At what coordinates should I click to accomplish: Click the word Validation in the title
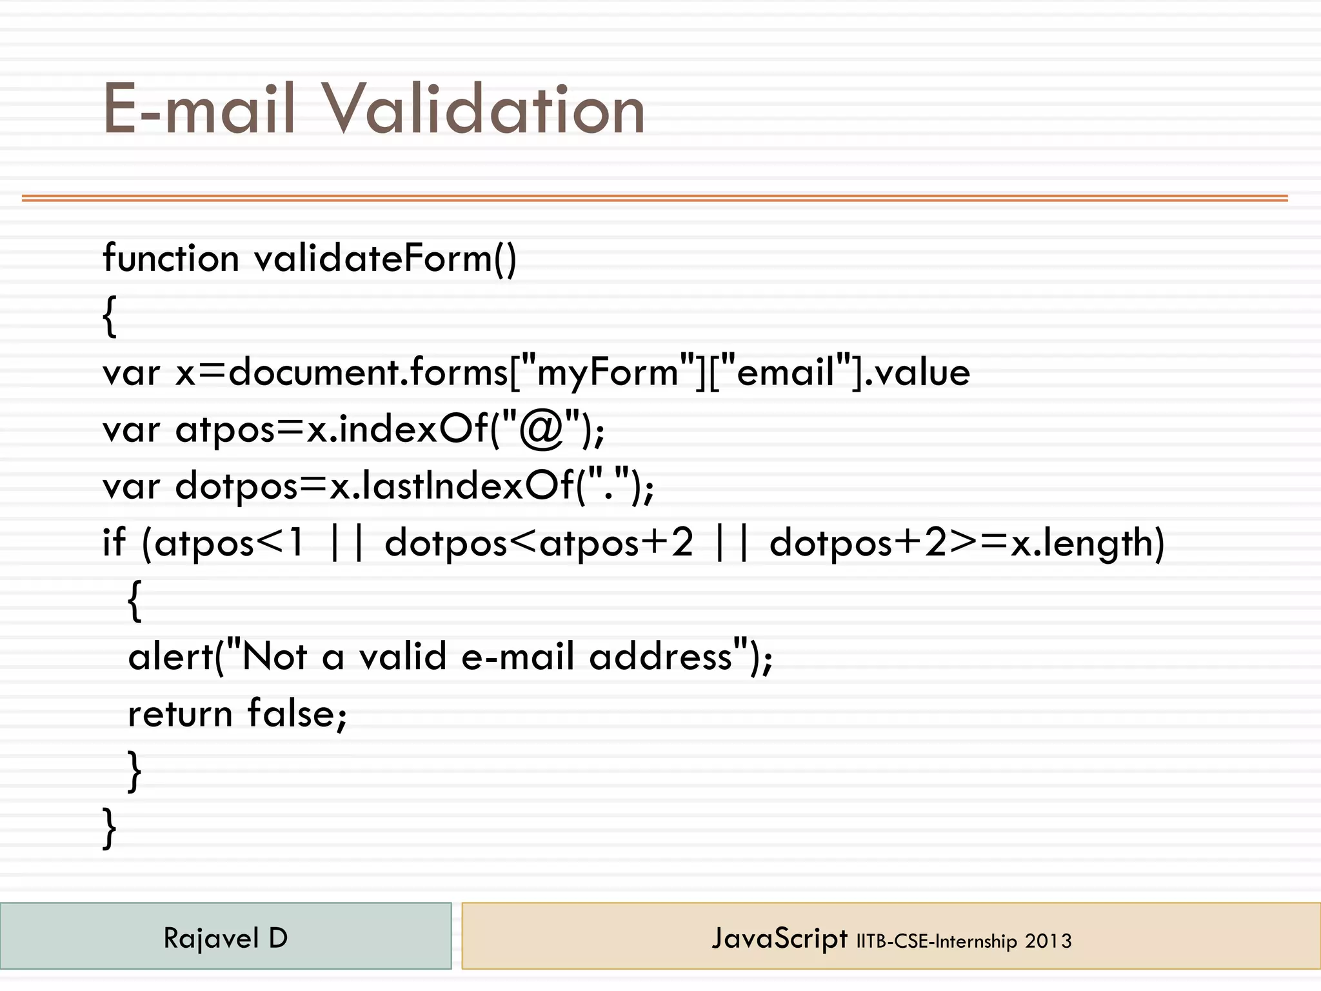(x=484, y=110)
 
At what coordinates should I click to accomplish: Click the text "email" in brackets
(x=786, y=373)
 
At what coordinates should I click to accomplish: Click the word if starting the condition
(x=114, y=542)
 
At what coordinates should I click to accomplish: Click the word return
(x=180, y=714)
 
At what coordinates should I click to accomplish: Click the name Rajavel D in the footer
(x=225, y=938)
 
